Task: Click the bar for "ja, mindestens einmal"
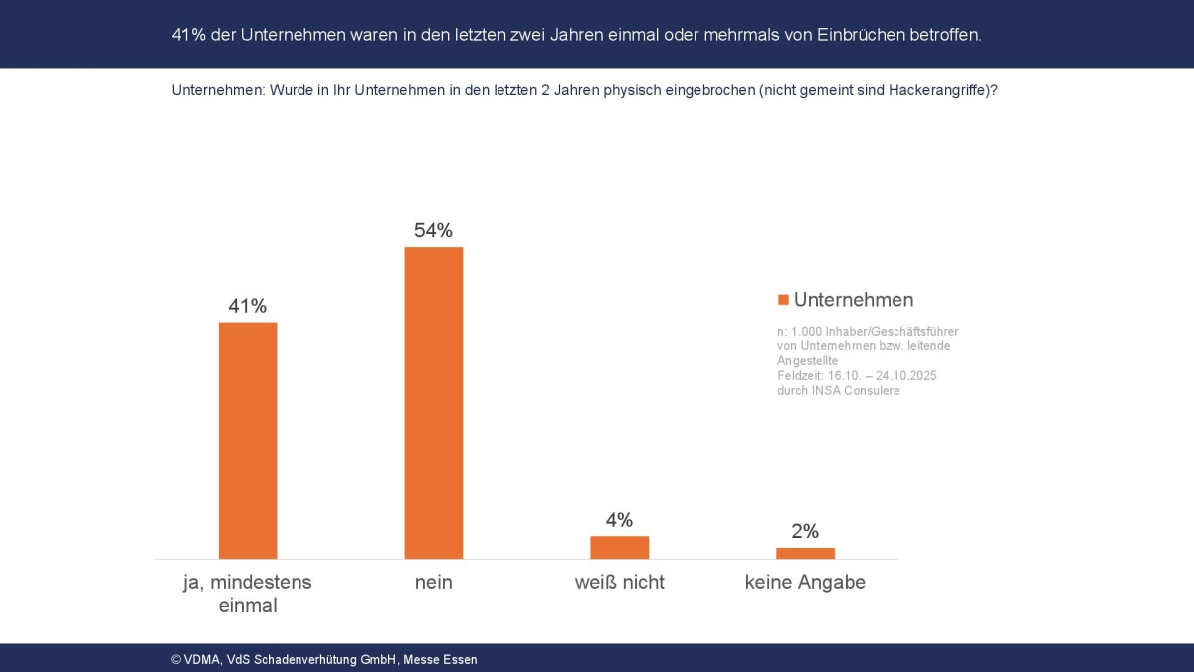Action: point(248,439)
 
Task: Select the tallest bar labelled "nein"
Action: point(433,402)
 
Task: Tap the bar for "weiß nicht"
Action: point(619,547)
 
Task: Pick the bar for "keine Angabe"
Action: point(805,553)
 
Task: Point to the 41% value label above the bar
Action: point(248,306)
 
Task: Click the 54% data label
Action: point(433,230)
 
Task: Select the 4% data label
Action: point(619,520)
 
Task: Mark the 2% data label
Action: point(805,531)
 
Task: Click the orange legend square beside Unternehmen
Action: point(783,300)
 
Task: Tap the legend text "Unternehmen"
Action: point(854,300)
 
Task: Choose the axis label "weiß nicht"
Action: point(619,583)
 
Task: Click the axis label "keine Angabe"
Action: point(805,583)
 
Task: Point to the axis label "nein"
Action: point(433,583)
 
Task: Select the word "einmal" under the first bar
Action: point(248,605)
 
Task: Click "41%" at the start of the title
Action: point(189,34)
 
